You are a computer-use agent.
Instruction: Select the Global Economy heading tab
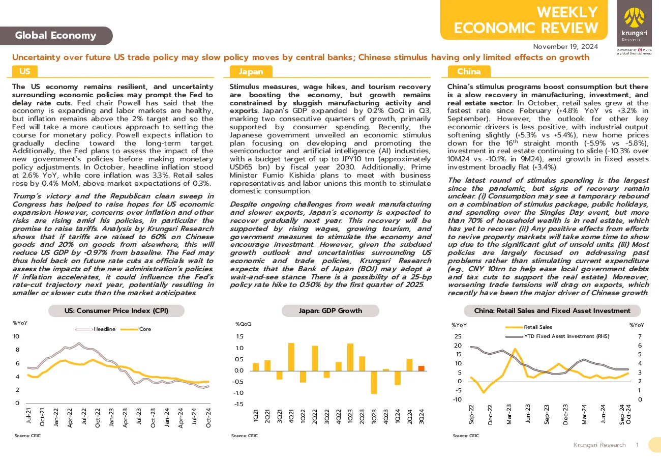tap(56, 36)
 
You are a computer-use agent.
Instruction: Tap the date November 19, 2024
tap(565, 46)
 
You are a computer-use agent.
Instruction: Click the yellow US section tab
tap(25, 71)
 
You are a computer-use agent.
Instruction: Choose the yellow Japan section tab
tap(251, 71)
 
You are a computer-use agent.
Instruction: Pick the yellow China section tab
tap(469, 71)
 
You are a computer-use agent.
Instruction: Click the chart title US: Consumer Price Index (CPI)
tap(116, 310)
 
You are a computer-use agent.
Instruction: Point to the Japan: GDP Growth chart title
tap(330, 310)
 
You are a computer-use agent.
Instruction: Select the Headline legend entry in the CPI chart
tap(95, 329)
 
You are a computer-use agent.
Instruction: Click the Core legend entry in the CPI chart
tap(136, 329)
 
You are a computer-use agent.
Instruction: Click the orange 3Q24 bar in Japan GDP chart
tap(421, 368)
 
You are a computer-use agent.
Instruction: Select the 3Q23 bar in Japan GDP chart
tap(374, 382)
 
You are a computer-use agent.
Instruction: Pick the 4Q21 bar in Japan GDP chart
tap(291, 357)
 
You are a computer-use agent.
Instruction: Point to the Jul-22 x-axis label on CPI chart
tap(84, 416)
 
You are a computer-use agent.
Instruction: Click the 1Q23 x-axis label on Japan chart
tap(350, 417)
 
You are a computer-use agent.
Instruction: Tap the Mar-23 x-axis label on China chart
tap(509, 414)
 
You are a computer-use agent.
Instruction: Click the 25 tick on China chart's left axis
tap(458, 336)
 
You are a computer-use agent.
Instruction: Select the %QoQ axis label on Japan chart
tap(243, 324)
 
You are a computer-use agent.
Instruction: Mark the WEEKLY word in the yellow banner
tap(567, 12)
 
